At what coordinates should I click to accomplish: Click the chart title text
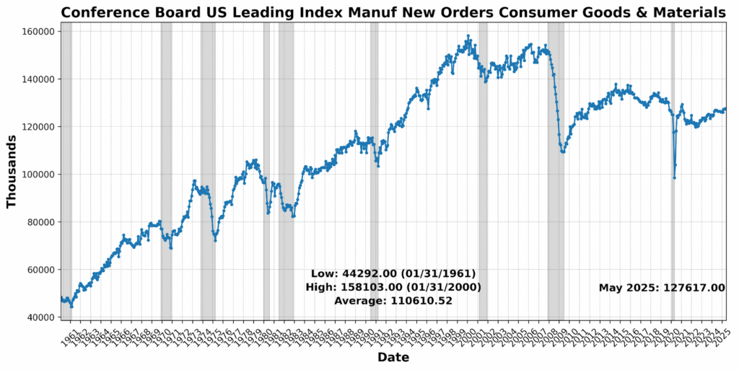click(393, 12)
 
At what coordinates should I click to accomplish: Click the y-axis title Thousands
click(12, 171)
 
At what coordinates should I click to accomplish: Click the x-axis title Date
click(393, 358)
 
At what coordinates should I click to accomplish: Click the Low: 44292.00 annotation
click(393, 274)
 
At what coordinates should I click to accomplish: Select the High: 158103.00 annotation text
click(393, 287)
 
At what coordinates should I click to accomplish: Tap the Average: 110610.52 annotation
click(393, 301)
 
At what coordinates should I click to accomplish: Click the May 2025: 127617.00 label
click(662, 288)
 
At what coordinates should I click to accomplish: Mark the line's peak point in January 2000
click(468, 36)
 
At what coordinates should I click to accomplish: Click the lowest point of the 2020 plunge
click(674, 178)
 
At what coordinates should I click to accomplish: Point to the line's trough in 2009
click(562, 152)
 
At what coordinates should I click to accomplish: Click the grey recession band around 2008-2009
click(555, 216)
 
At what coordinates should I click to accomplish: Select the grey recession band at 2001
click(483, 216)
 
